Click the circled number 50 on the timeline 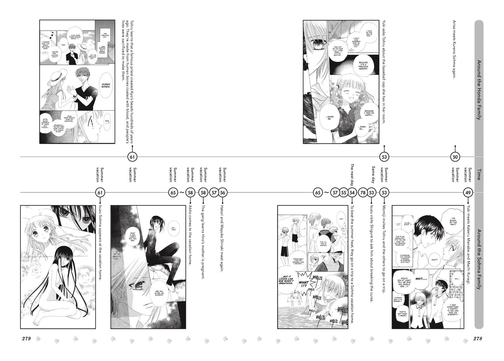[455, 157]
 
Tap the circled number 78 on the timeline [363, 192]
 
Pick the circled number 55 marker [344, 192]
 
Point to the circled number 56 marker [223, 192]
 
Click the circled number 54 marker [352, 192]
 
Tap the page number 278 [477, 339]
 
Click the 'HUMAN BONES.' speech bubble [106, 85]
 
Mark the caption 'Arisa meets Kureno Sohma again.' [455, 49]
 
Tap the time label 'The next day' [352, 175]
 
